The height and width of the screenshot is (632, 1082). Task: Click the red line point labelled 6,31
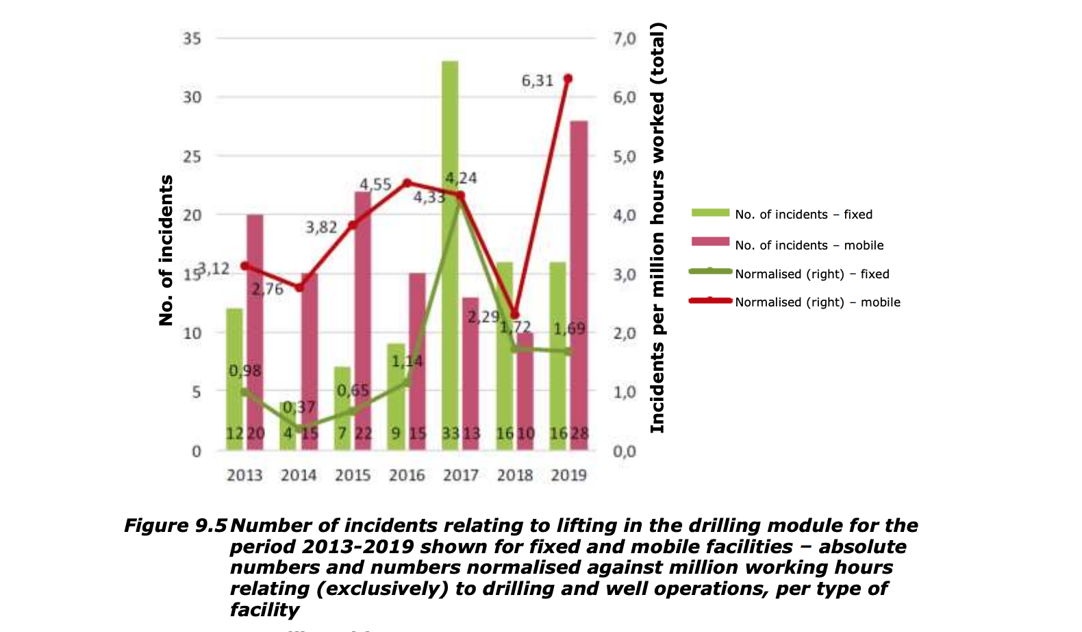click(x=568, y=79)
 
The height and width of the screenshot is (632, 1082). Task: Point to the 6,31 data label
click(x=538, y=81)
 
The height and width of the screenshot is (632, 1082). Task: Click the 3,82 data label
click(x=321, y=228)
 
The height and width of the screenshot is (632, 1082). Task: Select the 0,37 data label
click(x=299, y=408)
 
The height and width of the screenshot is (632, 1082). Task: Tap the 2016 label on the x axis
click(x=407, y=475)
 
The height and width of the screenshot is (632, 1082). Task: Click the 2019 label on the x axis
click(x=568, y=475)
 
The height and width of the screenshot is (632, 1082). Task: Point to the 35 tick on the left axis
click(x=192, y=38)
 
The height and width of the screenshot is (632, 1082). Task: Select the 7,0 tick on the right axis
click(x=624, y=38)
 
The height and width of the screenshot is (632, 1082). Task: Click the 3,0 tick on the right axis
click(x=624, y=274)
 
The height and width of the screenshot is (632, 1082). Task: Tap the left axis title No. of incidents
click(x=166, y=250)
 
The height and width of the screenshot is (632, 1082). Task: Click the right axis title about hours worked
click(x=657, y=228)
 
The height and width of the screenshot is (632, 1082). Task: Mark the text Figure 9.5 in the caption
click(x=175, y=526)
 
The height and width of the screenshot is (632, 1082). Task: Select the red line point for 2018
click(x=515, y=315)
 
